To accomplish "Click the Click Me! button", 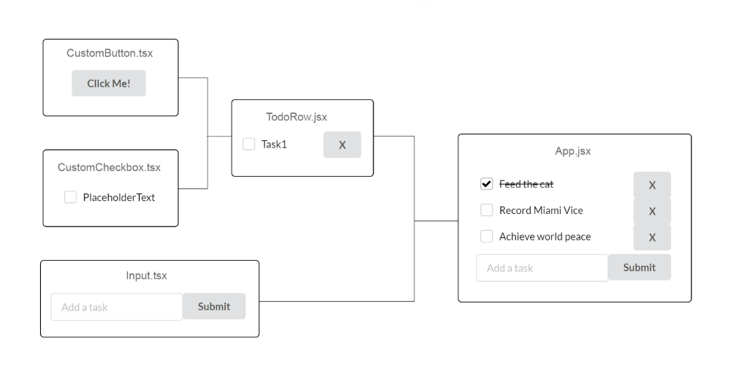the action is (x=109, y=83).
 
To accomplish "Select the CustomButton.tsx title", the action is (x=110, y=53).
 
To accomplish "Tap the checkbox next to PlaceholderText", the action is (x=70, y=197).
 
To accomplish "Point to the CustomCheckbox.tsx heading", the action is (x=109, y=168).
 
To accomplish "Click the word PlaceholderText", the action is (x=119, y=197).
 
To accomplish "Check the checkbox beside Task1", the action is (x=249, y=144).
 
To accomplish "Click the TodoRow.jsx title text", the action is (x=297, y=117).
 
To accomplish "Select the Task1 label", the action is (x=274, y=145).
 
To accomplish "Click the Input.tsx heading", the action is (x=146, y=275).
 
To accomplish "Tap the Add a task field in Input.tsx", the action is (x=116, y=307).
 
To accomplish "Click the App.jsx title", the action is (x=573, y=151).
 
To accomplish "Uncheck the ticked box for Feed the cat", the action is (x=486, y=184).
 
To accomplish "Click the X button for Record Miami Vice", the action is (x=652, y=211).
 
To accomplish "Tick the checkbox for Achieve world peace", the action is (x=486, y=236).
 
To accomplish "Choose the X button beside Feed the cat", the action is (x=652, y=185).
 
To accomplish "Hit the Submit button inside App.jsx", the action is (x=640, y=267).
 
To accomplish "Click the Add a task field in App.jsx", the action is (x=542, y=268).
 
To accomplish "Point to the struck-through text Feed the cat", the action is (x=526, y=184).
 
